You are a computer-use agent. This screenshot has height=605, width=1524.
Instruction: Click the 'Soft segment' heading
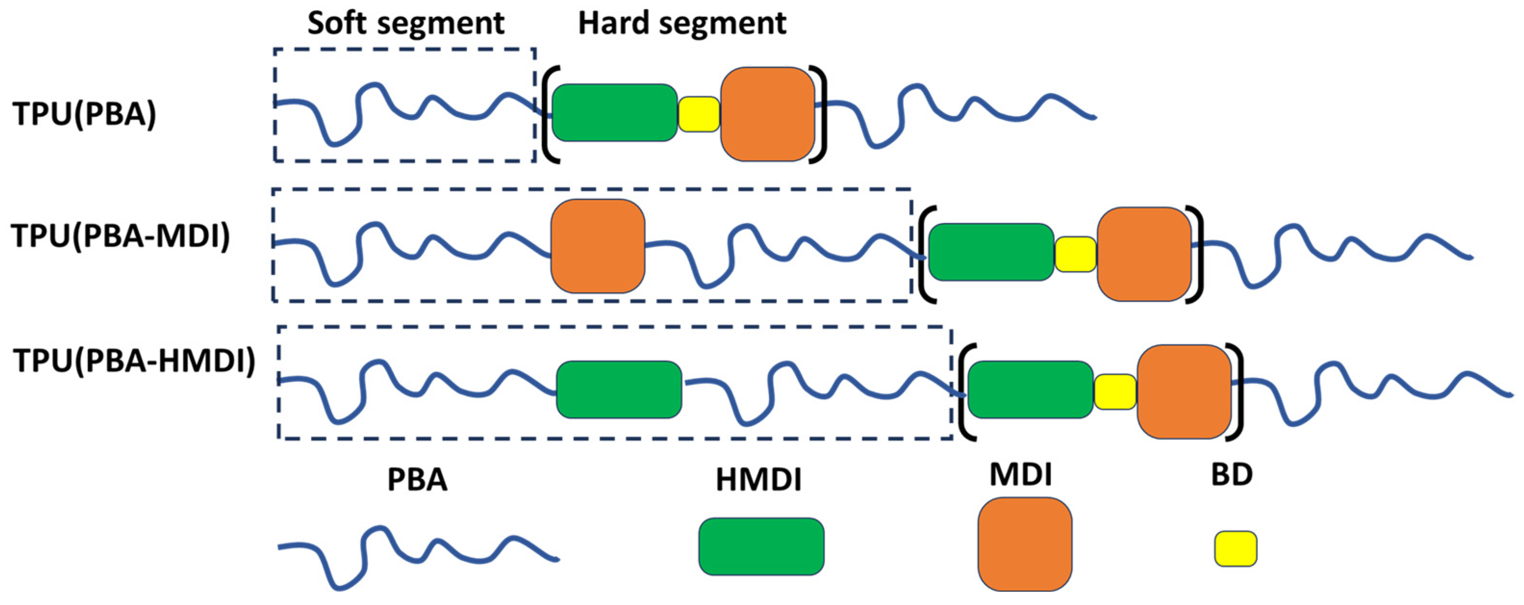click(406, 24)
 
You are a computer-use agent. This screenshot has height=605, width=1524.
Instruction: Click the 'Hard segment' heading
click(682, 24)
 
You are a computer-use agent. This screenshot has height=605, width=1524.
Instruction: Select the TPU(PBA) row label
click(85, 114)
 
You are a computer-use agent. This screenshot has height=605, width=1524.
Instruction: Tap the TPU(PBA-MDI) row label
click(121, 236)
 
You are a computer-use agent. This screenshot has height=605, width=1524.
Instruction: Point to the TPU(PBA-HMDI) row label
click(135, 360)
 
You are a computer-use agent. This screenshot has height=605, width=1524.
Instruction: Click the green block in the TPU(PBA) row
click(614, 113)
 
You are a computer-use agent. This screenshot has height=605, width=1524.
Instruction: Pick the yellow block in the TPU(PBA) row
click(698, 114)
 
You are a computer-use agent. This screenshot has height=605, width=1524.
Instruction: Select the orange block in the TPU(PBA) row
click(767, 114)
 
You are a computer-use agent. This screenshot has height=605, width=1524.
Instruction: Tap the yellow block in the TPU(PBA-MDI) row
click(1076, 254)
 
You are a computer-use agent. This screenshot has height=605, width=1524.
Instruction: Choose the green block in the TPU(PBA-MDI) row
click(991, 252)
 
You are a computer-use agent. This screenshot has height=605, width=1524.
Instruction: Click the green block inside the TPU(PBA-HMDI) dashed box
click(619, 389)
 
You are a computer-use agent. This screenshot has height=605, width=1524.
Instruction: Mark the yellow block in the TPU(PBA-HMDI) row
click(1115, 391)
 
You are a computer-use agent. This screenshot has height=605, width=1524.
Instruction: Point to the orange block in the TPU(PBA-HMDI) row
click(1184, 391)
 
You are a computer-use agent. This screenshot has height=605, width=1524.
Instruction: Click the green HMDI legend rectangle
click(761, 546)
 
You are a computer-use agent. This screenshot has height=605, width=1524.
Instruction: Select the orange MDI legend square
click(1025, 544)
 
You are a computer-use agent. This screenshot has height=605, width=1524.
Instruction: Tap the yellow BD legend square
click(1236, 548)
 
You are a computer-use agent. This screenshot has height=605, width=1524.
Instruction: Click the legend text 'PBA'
click(417, 479)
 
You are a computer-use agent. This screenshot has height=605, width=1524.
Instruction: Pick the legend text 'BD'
click(1232, 475)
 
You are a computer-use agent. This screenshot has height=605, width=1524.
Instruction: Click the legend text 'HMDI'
click(759, 480)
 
